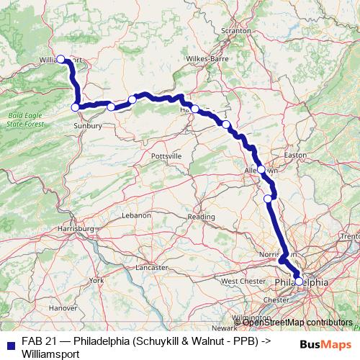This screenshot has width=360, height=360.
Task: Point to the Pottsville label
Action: coord(166,156)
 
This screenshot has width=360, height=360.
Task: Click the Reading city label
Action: coord(201,216)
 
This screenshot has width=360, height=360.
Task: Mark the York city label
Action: coord(96,279)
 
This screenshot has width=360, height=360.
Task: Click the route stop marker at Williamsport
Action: coord(61,59)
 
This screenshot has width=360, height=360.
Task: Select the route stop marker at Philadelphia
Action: coord(299,282)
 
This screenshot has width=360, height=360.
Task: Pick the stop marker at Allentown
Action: coord(261,171)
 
